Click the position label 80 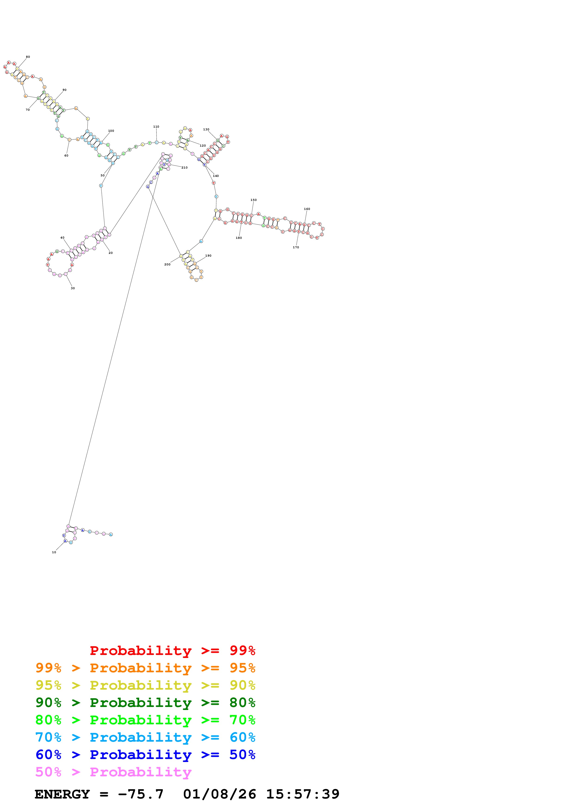click(28, 57)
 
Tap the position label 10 click(54, 552)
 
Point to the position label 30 click(73, 288)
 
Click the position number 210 click(184, 168)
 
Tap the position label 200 click(167, 264)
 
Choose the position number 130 click(206, 130)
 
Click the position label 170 click(296, 247)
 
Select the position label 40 click(62, 238)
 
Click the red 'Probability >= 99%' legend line click(172, 650)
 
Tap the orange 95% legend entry click(145, 668)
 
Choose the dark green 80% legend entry click(145, 703)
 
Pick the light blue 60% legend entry click(145, 737)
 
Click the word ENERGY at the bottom click(62, 794)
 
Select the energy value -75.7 click(141, 794)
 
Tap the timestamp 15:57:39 click(303, 794)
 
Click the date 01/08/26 click(220, 794)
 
